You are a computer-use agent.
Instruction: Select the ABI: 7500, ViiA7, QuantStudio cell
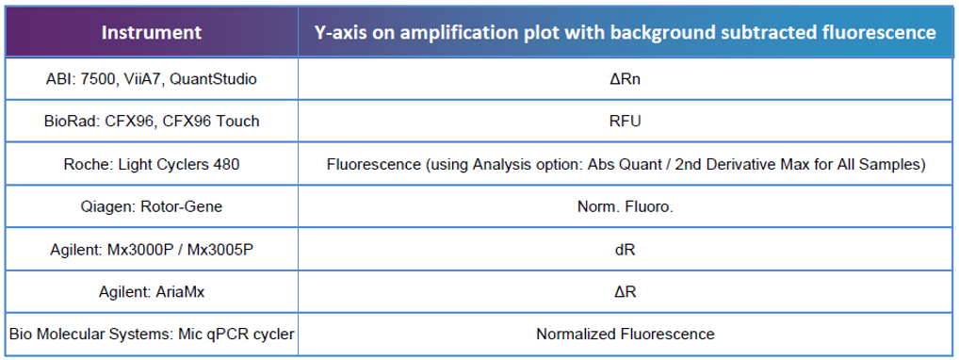(x=152, y=79)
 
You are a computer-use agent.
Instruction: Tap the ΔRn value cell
(x=625, y=79)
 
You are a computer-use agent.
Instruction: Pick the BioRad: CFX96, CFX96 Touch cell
(x=152, y=122)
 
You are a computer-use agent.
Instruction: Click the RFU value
(x=625, y=122)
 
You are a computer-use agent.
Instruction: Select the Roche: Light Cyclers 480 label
(x=152, y=164)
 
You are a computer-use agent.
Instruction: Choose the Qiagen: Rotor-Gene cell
(x=152, y=206)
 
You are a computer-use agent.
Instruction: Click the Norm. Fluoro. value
(x=625, y=206)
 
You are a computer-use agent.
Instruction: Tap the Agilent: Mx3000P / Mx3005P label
(x=152, y=249)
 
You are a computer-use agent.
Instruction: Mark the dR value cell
(x=625, y=249)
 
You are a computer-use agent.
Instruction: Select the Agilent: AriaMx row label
(x=152, y=291)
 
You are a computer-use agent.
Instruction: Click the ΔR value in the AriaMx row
(x=625, y=291)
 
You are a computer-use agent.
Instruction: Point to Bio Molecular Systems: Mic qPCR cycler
(x=152, y=334)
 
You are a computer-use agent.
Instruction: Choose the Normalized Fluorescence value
(x=625, y=334)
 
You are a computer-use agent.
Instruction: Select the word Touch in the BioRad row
(x=239, y=122)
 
